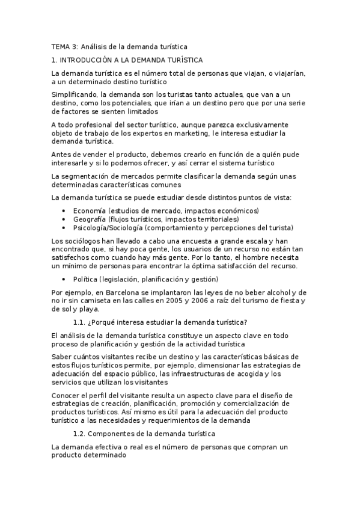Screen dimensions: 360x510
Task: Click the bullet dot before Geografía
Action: [x=64, y=220]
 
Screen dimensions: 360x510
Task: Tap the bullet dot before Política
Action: [x=64, y=280]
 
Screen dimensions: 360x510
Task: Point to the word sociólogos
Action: [x=76, y=241]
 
